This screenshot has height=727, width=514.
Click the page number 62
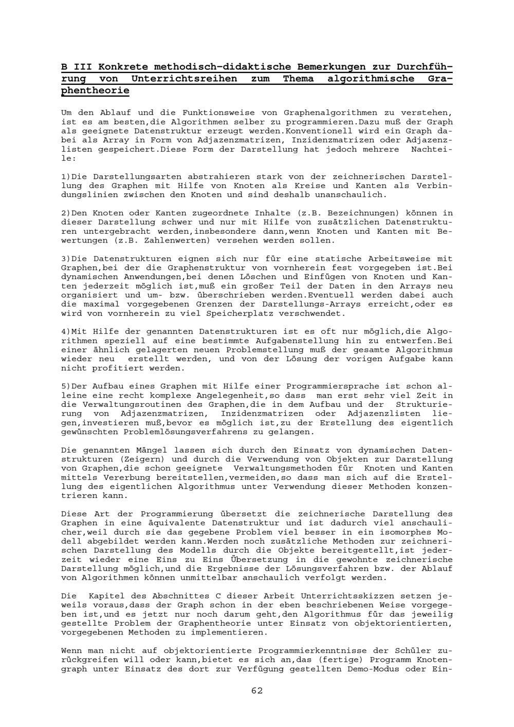(257, 691)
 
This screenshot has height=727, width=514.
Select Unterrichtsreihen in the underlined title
(185, 79)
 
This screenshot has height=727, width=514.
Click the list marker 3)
(66, 259)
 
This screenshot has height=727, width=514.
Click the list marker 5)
(66, 386)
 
